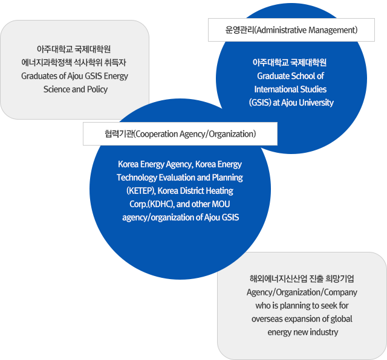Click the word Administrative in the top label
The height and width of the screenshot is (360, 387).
coord(281,30)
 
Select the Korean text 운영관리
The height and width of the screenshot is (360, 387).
coord(239,30)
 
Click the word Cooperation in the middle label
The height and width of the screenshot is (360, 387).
coord(157,134)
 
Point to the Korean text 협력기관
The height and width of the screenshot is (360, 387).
coord(119,134)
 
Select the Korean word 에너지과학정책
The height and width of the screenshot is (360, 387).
coord(47,63)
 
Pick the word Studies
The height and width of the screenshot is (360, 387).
coord(313,89)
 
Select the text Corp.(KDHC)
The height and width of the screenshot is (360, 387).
coord(152,204)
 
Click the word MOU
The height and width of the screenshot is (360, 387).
coord(221,204)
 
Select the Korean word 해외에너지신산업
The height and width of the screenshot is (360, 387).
coord(278,279)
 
